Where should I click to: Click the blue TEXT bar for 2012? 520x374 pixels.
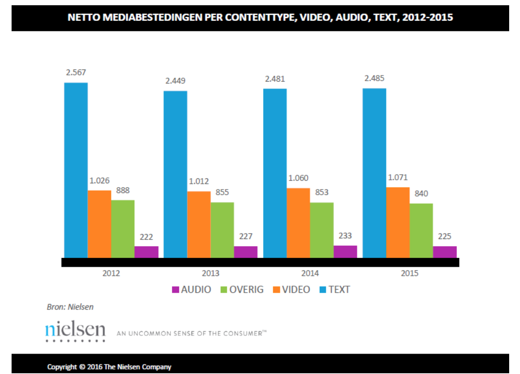[x=76, y=170]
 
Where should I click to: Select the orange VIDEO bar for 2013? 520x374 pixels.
[x=199, y=224]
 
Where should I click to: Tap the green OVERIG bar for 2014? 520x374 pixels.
[x=322, y=230]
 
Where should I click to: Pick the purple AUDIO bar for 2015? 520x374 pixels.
[x=445, y=252]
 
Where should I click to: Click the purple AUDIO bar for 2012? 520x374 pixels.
[x=146, y=252]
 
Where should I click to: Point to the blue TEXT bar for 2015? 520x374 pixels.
[x=374, y=173]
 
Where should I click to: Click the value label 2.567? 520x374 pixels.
[x=76, y=73]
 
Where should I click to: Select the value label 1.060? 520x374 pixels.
[x=298, y=178]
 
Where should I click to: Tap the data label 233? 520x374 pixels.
[x=345, y=236]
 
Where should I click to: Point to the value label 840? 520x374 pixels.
[x=421, y=194]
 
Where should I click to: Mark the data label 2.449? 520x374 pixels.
[x=175, y=81]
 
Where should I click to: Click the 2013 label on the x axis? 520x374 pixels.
[x=211, y=273]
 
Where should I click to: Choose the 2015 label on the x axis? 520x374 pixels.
[x=409, y=273]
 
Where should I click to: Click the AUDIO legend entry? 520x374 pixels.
[x=192, y=289]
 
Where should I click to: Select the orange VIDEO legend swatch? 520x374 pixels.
[x=276, y=290]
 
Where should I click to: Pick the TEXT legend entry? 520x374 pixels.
[x=335, y=289]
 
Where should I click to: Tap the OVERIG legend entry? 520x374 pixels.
[x=242, y=289]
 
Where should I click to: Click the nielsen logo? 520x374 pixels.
[x=75, y=330]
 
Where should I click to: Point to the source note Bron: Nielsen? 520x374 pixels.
[x=70, y=307]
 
